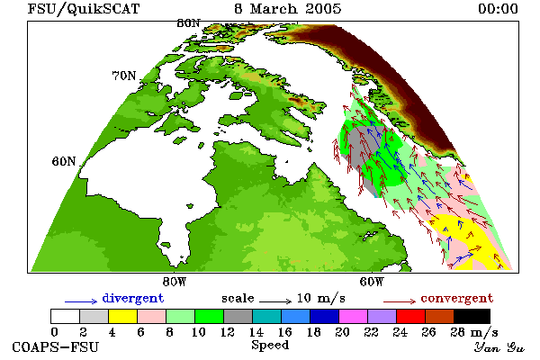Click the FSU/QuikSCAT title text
point(84,9)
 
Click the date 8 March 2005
point(288,9)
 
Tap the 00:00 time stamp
point(498,9)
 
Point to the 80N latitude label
point(188,23)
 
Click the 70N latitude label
point(124,76)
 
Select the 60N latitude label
point(64,161)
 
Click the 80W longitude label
point(175,282)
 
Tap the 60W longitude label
point(372,282)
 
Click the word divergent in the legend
point(133,298)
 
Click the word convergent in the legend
point(457,298)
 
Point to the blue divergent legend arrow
point(81,301)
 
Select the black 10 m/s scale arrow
point(275,301)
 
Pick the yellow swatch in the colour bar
point(122,316)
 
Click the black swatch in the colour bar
point(472,316)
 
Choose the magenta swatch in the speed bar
point(353,316)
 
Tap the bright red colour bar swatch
point(410,316)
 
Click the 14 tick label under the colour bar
point(256,332)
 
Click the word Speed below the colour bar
point(270,346)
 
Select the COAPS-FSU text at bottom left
point(56,346)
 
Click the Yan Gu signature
point(499,347)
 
